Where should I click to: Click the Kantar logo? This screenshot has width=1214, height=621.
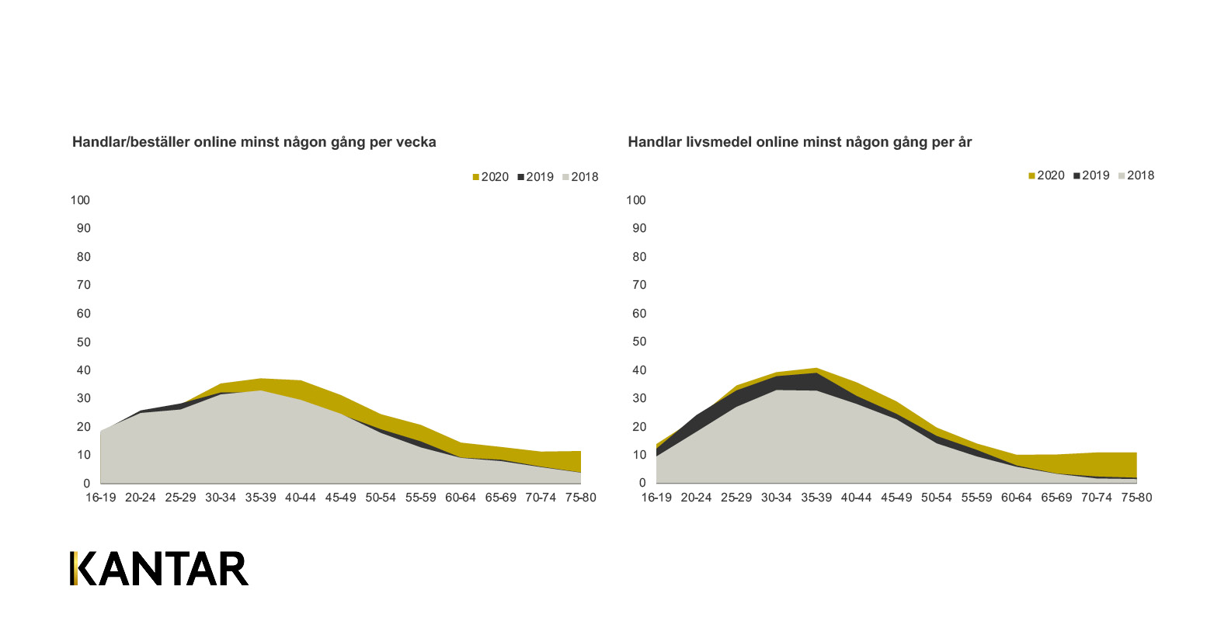(x=159, y=568)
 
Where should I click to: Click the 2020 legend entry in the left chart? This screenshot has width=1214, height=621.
(x=490, y=177)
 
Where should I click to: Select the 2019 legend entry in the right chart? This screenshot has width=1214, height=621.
(x=1091, y=175)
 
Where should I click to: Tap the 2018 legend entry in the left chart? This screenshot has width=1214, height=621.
(x=579, y=177)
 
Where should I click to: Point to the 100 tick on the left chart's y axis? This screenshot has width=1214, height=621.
(x=81, y=200)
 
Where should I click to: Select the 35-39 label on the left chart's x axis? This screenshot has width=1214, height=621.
(x=261, y=498)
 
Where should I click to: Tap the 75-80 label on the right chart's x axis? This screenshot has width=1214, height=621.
(x=1136, y=498)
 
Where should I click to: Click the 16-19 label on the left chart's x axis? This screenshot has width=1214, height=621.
(x=100, y=498)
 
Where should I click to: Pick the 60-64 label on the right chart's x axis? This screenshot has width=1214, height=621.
(x=1016, y=498)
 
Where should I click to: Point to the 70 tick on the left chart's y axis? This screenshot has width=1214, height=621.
(x=83, y=286)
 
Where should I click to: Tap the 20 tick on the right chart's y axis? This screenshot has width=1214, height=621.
(x=639, y=427)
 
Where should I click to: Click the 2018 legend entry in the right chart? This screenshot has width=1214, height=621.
(x=1136, y=175)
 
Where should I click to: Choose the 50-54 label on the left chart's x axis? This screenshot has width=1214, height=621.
(x=381, y=498)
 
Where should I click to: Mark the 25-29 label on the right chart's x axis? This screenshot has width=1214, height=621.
(x=736, y=498)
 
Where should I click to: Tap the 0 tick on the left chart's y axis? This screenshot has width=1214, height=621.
(x=87, y=484)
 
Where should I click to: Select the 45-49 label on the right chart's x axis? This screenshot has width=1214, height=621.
(x=896, y=498)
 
